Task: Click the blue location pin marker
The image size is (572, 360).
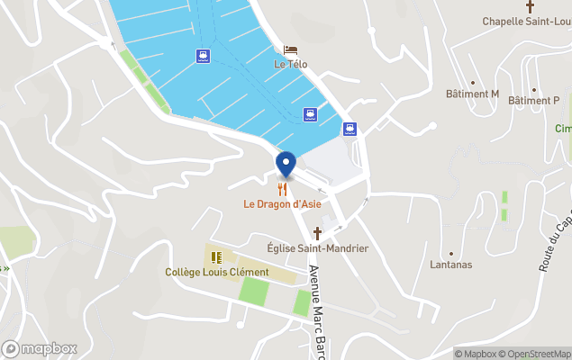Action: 286,165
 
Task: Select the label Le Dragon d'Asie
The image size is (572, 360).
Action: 282,204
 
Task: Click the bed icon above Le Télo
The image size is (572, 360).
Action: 290,50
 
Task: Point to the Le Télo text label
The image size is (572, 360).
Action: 290,65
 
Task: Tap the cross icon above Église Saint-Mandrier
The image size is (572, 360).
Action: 317,233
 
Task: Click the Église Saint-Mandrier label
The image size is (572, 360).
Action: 318,248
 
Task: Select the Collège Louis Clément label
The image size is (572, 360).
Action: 217,272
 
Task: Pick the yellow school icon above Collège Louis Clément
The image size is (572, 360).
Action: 216,257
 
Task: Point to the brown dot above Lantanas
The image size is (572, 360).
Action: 451,254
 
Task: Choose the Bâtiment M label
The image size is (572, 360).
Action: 472,94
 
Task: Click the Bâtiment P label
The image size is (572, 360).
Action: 533,101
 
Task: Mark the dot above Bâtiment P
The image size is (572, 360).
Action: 533,89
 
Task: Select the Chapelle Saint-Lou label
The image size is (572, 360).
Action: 526,21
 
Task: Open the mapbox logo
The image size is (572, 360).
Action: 39,348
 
